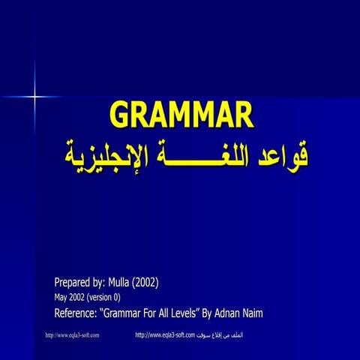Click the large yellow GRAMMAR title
[182, 116]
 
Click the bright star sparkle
[34, 96]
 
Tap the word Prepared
[76, 283]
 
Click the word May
[61, 297]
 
